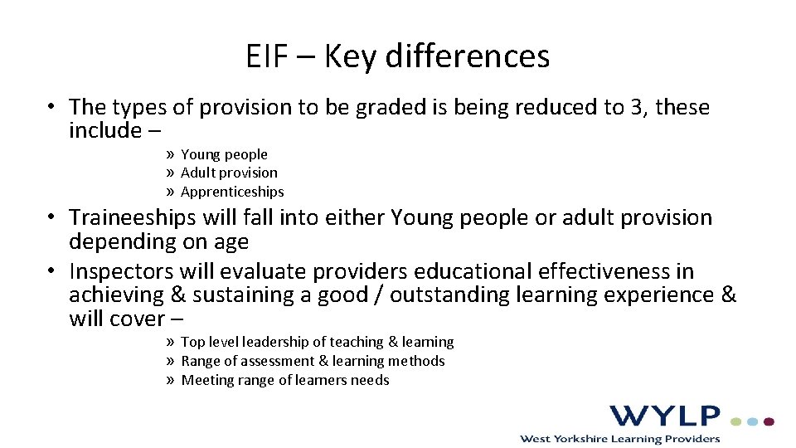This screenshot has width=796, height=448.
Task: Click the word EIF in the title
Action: (267, 56)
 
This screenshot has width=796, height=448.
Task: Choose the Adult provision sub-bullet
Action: (229, 173)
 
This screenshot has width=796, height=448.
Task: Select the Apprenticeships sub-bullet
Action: (232, 192)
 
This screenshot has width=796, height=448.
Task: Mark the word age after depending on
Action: (231, 242)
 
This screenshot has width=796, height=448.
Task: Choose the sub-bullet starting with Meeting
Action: (284, 380)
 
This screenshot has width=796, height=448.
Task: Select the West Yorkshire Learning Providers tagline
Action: (619, 437)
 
